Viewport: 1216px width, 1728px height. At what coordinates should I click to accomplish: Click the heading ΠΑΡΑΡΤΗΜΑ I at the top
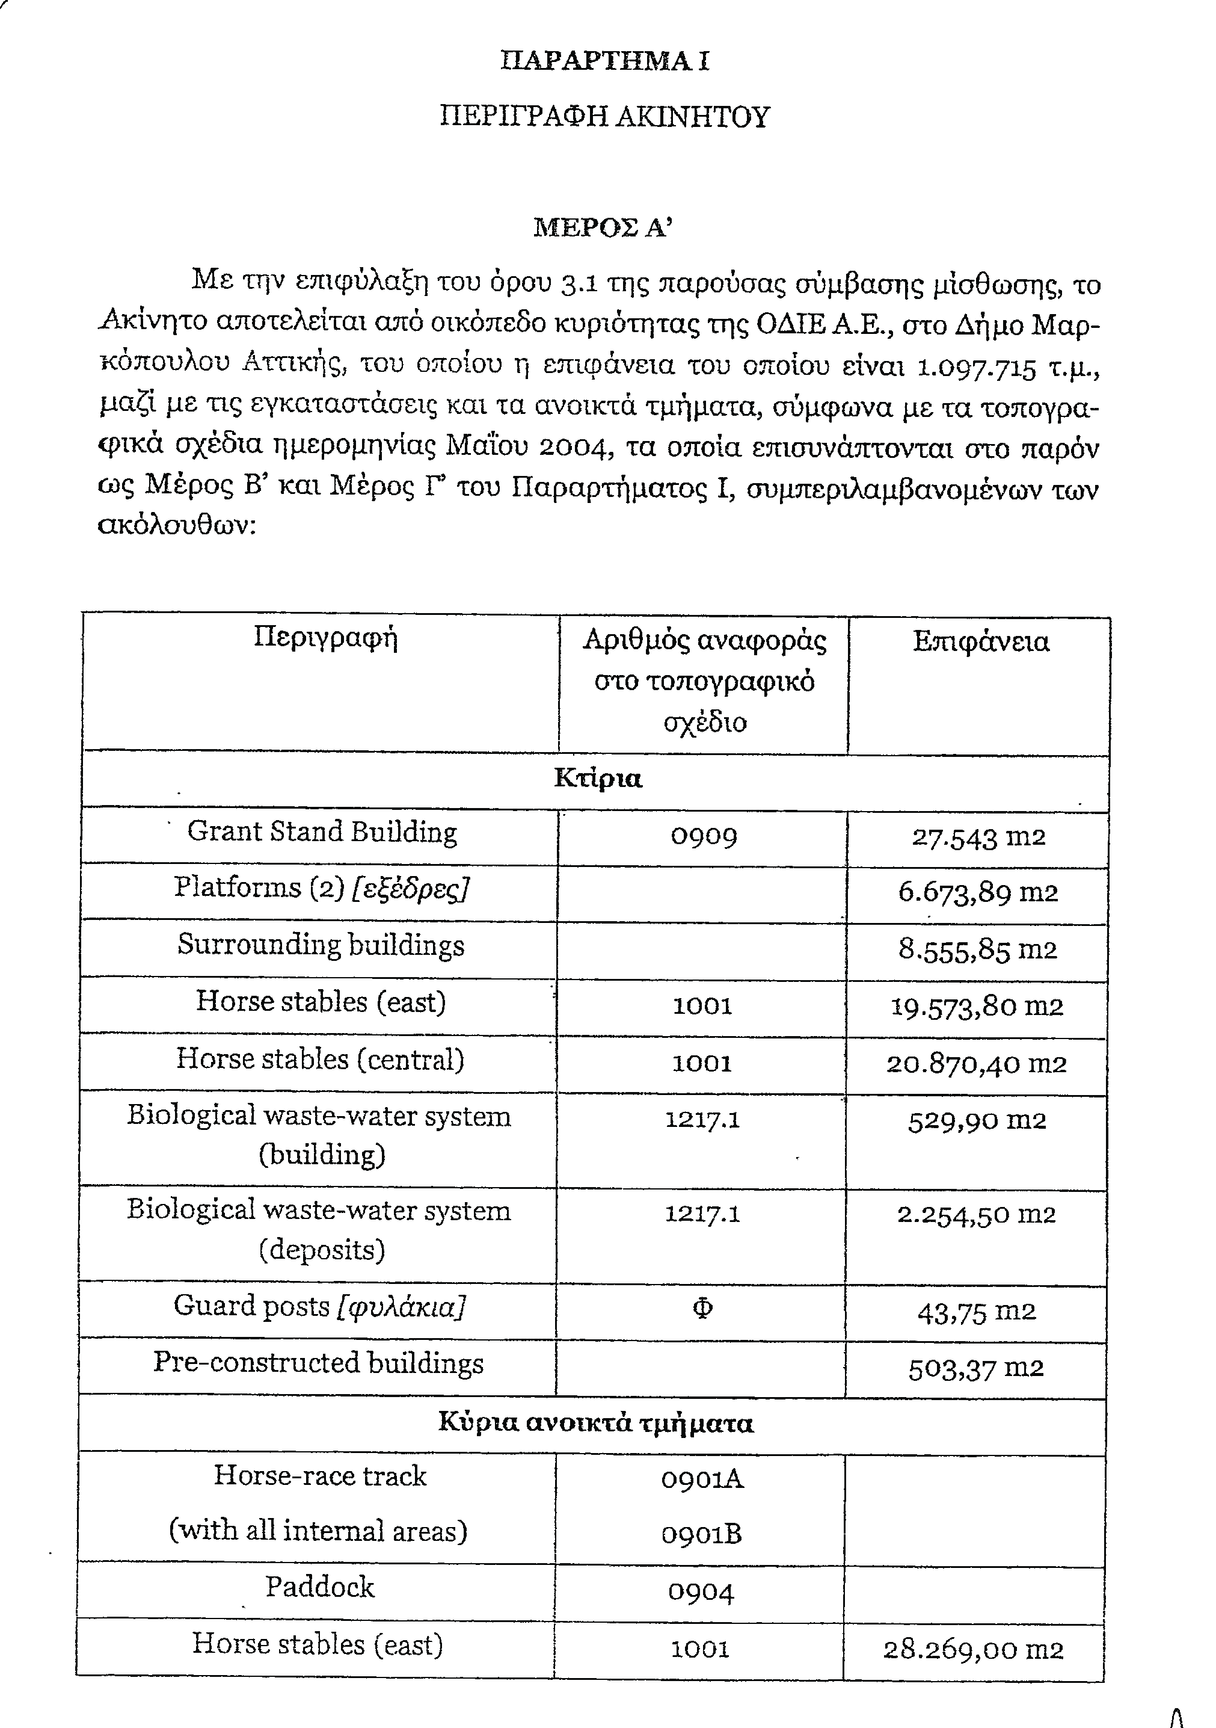click(x=604, y=61)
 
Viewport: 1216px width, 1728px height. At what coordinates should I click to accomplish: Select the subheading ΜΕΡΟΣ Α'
click(x=602, y=227)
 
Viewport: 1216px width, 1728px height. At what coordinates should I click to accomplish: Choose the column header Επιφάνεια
click(x=980, y=642)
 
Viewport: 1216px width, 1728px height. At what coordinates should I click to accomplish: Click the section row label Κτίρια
click(x=598, y=778)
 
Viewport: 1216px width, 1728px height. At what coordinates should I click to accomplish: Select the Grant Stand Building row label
click(x=322, y=832)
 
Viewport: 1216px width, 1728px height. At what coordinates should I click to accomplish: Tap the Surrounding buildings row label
click(x=321, y=945)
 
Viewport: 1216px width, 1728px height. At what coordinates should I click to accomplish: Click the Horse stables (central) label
click(x=321, y=1059)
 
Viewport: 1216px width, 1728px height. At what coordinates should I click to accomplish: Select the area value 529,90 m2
click(x=977, y=1121)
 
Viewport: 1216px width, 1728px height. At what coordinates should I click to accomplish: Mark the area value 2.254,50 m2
click(x=977, y=1215)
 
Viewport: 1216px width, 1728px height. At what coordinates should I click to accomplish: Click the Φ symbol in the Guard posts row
click(x=702, y=1309)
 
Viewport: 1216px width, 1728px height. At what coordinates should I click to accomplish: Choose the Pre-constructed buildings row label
click(x=319, y=1363)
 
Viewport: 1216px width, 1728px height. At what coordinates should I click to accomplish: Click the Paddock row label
click(x=320, y=1587)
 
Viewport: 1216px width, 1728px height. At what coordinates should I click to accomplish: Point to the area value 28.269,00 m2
click(x=974, y=1650)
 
